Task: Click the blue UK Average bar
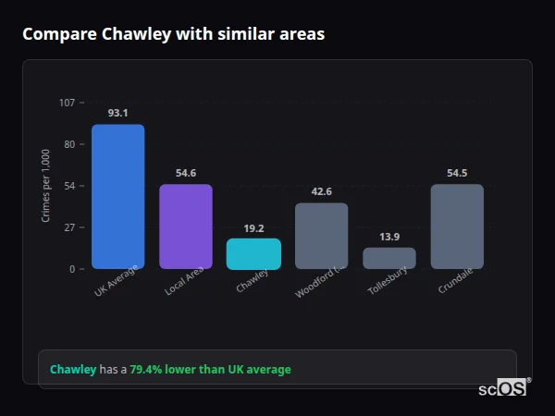[117, 197]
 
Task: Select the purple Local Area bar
[186, 226]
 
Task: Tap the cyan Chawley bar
[253, 254]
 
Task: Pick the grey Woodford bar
[321, 236]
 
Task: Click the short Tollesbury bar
[389, 258]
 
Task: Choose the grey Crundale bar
[457, 226]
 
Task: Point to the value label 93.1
[117, 113]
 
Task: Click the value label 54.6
[186, 173]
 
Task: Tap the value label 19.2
[253, 227]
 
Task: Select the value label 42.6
[321, 191]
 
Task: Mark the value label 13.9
[389, 237]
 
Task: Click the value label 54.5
[457, 173]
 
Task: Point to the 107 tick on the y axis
[67, 103]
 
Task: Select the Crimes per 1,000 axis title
[46, 186]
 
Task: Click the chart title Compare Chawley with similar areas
[173, 34]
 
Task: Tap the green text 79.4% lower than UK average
[210, 370]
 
